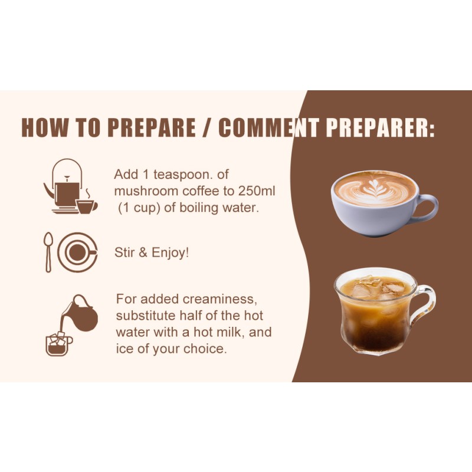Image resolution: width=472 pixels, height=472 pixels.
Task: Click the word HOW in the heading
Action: click(45, 127)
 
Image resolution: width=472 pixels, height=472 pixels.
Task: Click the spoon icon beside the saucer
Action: click(48, 253)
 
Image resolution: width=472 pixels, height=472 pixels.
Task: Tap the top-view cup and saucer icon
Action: click(78, 253)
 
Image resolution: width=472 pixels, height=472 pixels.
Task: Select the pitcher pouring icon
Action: click(79, 313)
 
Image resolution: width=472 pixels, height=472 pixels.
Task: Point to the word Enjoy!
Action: click(170, 253)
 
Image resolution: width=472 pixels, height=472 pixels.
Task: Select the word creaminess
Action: click(219, 299)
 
